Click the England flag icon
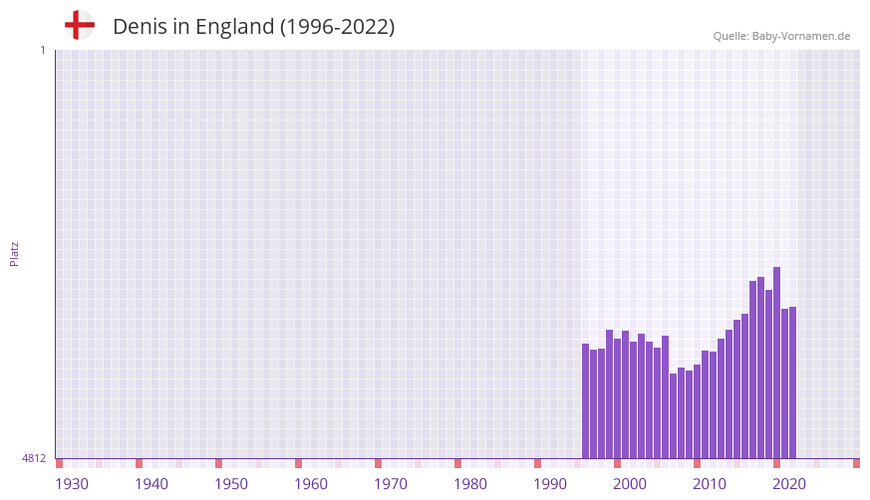coord(80,25)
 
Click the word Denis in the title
coord(140,27)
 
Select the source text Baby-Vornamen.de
coord(800,36)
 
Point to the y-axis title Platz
coord(14,253)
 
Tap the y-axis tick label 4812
coord(34,458)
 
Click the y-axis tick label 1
coord(42,50)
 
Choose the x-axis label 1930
coord(72,484)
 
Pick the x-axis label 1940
coord(151,484)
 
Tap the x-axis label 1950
coord(231,484)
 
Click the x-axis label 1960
coord(311,484)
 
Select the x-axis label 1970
coord(391,484)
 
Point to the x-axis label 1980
coord(470,484)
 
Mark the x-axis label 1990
coord(550,484)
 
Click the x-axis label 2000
coord(630,484)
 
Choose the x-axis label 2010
coord(710,484)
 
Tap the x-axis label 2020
coord(789,484)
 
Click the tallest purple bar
coord(776,363)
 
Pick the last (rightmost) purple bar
coord(792,382)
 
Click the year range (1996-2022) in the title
coord(337,27)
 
